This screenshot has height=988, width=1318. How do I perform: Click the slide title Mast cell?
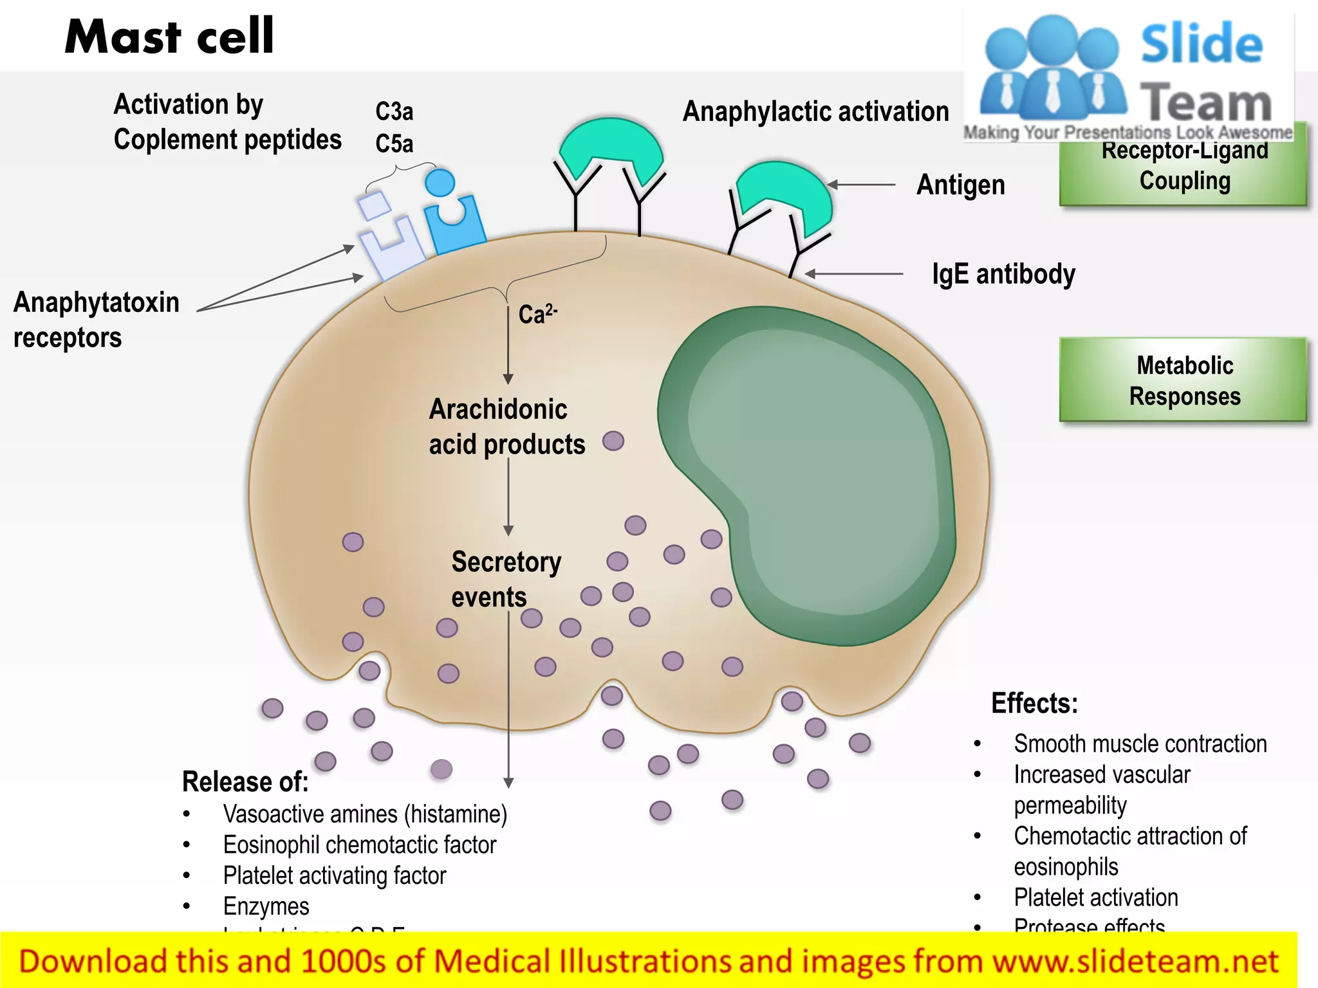169,37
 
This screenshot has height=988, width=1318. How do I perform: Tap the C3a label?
394,111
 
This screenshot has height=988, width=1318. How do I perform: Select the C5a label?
394,143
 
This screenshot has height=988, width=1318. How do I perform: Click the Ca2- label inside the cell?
537,314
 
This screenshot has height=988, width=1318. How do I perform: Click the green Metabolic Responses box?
1183,380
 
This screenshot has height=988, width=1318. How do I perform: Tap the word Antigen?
960,185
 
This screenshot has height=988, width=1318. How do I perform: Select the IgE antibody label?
1003,274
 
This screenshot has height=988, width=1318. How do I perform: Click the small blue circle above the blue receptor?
440,183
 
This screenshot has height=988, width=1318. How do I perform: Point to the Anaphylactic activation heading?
815,111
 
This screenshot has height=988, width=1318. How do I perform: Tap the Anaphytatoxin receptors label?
97,320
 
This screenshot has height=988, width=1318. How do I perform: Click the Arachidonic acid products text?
506,426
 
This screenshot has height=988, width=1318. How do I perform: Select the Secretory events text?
506,579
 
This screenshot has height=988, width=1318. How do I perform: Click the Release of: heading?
245,782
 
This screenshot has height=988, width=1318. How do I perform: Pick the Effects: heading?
1034,703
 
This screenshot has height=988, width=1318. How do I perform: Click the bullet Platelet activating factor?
335,875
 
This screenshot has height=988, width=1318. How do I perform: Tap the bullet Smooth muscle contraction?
1140,744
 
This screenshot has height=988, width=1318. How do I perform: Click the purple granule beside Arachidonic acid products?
613,441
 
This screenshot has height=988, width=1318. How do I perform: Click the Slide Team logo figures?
1052,71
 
